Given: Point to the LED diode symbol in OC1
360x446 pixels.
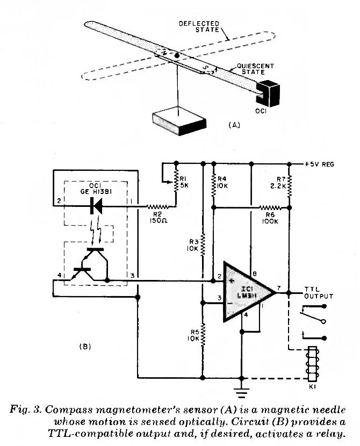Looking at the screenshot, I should click(x=97, y=204).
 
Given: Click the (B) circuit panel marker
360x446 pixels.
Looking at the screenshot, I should click(x=84, y=347).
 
